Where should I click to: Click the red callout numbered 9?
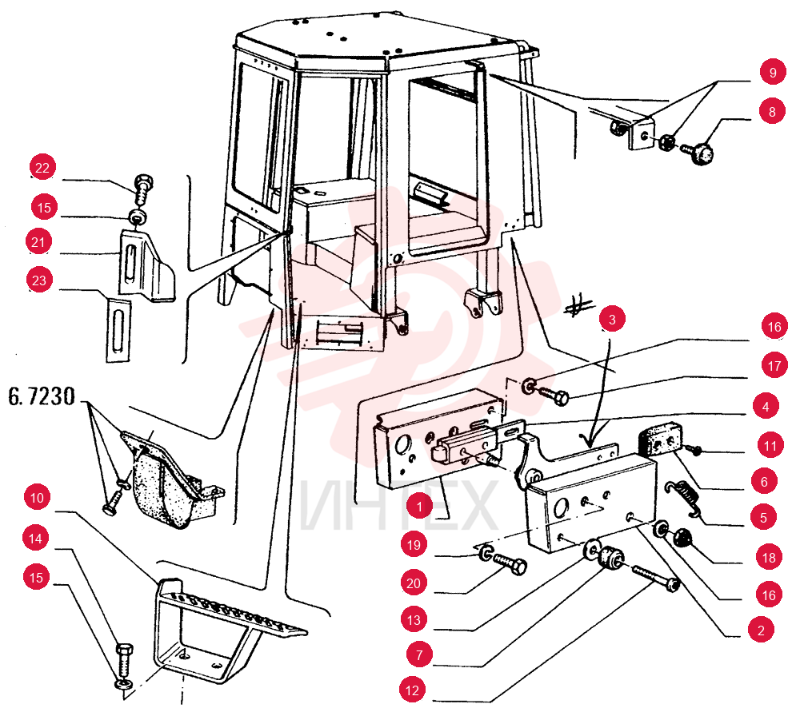click(773, 73)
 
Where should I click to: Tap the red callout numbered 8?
click(771, 111)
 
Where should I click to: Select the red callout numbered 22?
click(42, 168)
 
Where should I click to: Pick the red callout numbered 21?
click(38, 241)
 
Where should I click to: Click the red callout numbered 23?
click(39, 280)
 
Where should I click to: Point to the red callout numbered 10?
click(38, 497)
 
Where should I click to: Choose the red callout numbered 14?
click(35, 538)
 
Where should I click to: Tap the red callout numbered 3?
click(612, 319)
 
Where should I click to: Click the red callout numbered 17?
click(774, 365)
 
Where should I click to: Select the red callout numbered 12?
click(412, 690)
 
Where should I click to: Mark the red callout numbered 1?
click(419, 506)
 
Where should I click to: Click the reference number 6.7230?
click(42, 396)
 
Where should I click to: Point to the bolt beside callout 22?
click(143, 189)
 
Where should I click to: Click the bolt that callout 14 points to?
click(125, 661)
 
